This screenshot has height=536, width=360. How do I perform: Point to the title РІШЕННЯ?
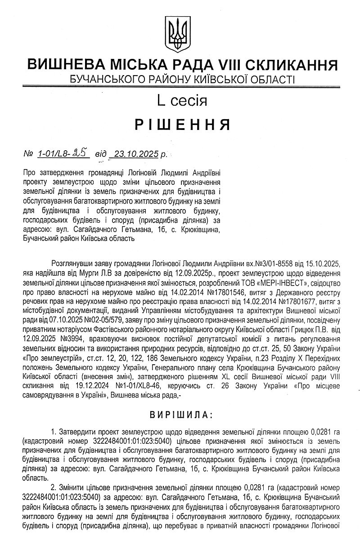pyautogui.click(x=180, y=125)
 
